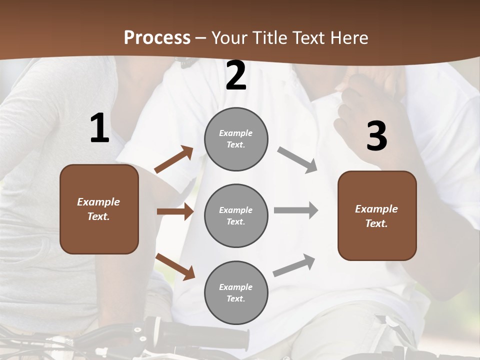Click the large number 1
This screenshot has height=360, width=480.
[x=99, y=128]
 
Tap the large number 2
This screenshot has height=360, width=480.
[x=236, y=76]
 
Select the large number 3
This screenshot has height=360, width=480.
[x=376, y=136]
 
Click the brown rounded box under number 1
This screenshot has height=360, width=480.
[x=99, y=209]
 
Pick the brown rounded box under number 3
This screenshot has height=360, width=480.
[x=377, y=215]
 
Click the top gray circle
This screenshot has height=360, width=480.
[x=236, y=139]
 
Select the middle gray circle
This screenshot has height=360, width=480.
[x=236, y=215]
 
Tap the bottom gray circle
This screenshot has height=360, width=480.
[x=236, y=292]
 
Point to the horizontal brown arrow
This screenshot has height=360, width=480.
[x=175, y=211]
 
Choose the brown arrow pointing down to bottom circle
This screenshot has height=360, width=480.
[x=175, y=266]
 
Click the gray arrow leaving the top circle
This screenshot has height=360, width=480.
[x=297, y=159]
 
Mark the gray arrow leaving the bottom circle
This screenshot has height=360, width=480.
[x=294, y=265]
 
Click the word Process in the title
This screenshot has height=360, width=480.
[x=157, y=37]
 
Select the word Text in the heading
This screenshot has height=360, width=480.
[x=306, y=37]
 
